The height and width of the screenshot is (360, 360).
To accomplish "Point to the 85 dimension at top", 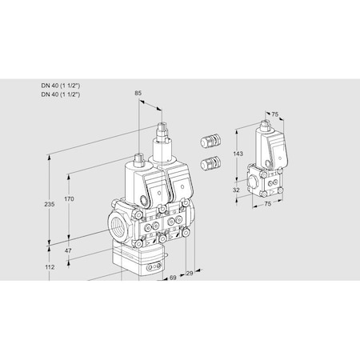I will pos(138,94).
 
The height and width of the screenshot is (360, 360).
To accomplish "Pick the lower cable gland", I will pos(210,164).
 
